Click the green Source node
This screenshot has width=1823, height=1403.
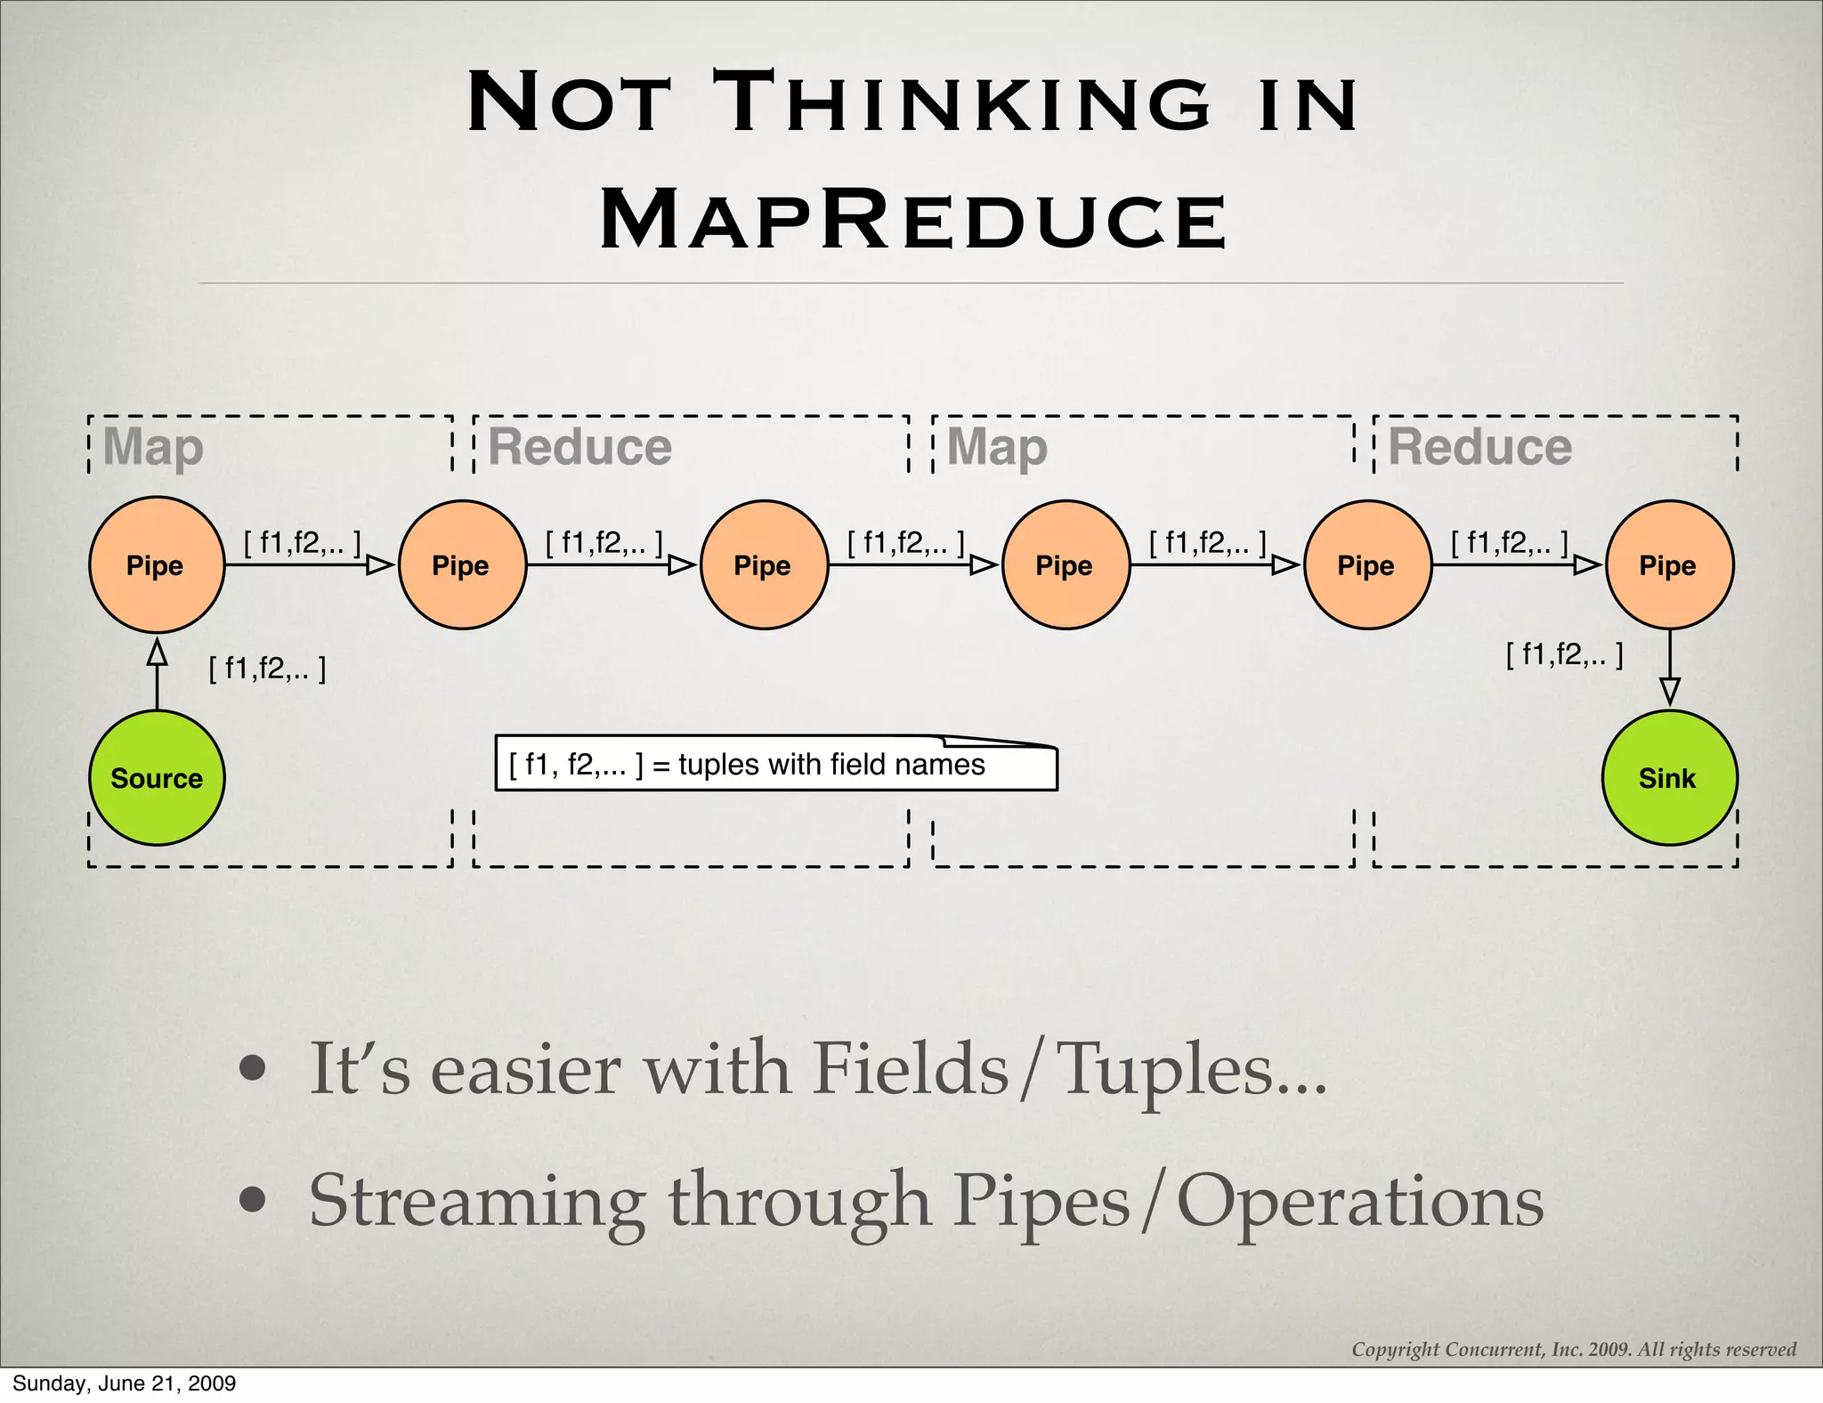pos(157,777)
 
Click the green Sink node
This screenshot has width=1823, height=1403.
pos(1668,777)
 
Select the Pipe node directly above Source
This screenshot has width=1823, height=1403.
pos(157,564)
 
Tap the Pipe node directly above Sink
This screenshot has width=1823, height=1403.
pos(1669,564)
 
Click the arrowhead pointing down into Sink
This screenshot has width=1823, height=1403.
pos(1670,692)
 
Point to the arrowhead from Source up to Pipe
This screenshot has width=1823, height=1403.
pos(157,653)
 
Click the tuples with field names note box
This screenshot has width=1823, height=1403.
pos(775,765)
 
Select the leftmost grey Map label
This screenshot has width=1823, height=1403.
pos(153,447)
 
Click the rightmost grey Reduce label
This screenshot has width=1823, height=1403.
pos(1479,447)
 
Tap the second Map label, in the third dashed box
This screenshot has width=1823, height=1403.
pos(997,447)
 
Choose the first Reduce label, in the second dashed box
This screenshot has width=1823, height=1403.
pos(580,447)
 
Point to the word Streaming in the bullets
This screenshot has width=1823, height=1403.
pos(477,1202)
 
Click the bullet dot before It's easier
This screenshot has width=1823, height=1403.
pos(253,1069)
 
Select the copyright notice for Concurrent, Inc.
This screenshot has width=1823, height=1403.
pos(1574,1349)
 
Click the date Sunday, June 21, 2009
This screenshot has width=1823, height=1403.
pos(124,1383)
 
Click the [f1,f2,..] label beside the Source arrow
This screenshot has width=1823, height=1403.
pos(267,668)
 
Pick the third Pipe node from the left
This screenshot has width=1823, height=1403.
pos(764,564)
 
